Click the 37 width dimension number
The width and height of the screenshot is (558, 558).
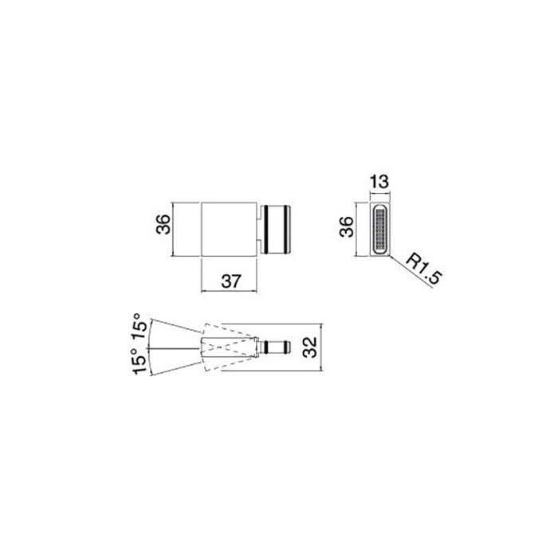click(x=230, y=280)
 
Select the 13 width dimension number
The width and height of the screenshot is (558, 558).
click(x=379, y=181)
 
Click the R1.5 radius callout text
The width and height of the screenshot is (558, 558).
click(x=423, y=268)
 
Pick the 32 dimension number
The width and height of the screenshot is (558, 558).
click(x=311, y=347)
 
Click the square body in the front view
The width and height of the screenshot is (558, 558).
click(x=230, y=229)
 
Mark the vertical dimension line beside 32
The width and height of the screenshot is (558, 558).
click(x=321, y=348)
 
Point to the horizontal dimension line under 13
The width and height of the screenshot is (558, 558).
click(x=379, y=192)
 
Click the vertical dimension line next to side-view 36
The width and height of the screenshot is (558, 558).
click(x=356, y=229)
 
